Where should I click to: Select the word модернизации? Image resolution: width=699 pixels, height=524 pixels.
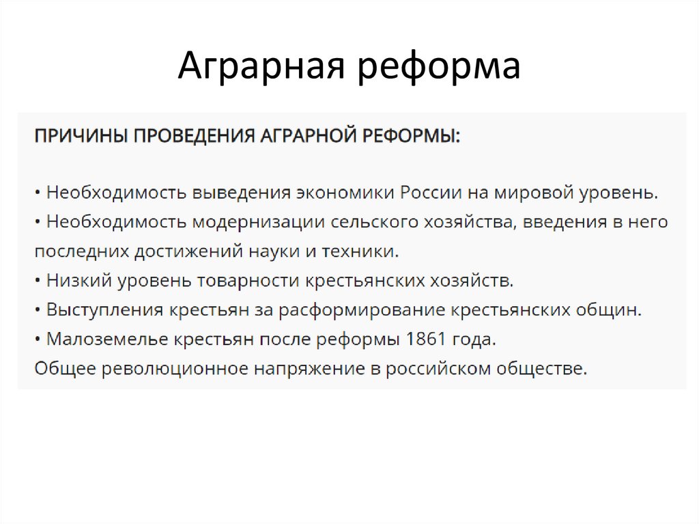(254, 222)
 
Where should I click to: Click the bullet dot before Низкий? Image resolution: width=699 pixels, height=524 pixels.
(38, 281)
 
